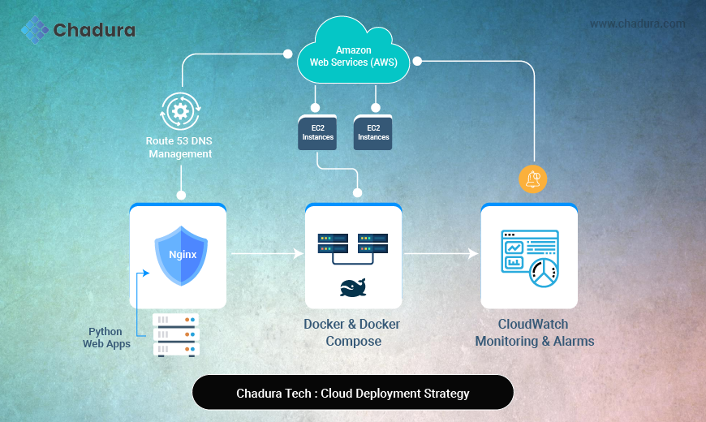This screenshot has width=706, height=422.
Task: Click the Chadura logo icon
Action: click(35, 30)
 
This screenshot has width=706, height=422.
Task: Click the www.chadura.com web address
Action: click(637, 24)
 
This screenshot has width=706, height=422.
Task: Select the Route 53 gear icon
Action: click(179, 111)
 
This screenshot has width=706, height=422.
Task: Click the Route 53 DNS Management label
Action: click(180, 147)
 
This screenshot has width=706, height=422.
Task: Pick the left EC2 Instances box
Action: click(316, 132)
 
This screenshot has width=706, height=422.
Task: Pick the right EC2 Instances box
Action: click(373, 132)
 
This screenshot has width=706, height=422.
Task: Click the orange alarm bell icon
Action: click(533, 179)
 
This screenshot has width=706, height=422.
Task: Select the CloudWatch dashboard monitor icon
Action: click(530, 256)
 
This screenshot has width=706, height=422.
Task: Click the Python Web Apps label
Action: click(106, 338)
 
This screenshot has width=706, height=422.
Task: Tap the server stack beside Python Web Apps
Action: click(176, 334)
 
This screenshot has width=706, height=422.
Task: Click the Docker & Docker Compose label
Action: click(352, 333)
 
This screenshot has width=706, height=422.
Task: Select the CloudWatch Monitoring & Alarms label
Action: click(534, 333)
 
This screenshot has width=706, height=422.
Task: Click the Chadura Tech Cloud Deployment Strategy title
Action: click(353, 394)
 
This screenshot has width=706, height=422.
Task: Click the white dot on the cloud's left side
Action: click(287, 55)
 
